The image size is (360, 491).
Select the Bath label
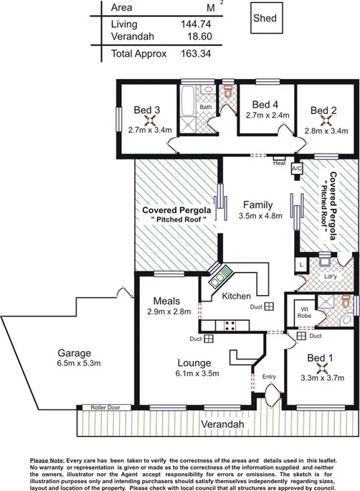click(x=206, y=107)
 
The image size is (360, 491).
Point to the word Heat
click(x=280, y=163)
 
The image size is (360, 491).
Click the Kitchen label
click(x=236, y=296)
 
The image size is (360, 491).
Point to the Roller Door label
click(x=105, y=408)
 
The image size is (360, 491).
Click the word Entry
click(x=269, y=376)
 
